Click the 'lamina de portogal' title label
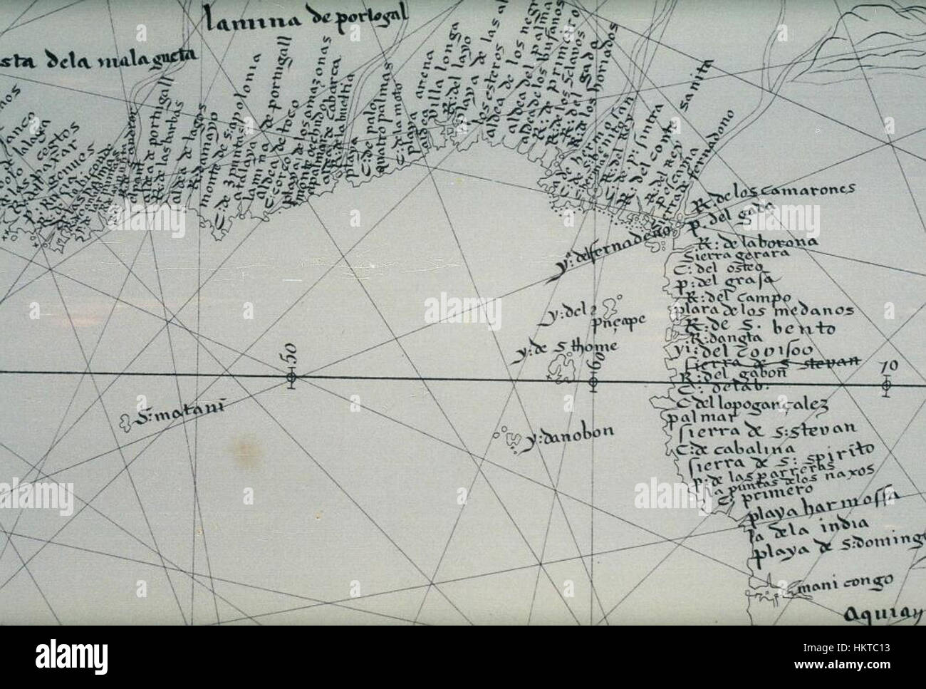pyautogui.click(x=306, y=16)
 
